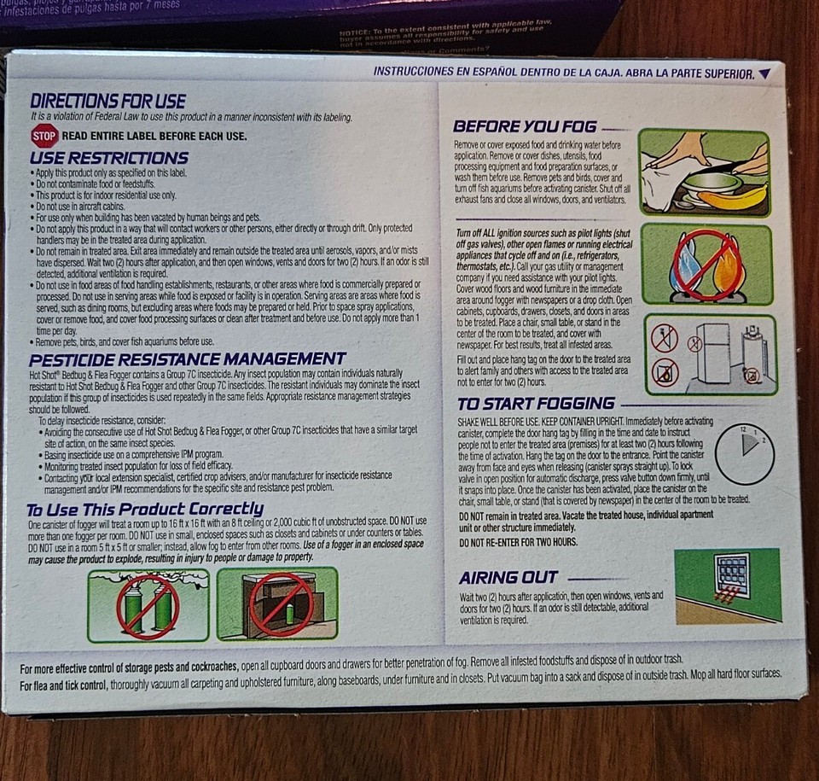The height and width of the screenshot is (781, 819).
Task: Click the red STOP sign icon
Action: [x=44, y=135]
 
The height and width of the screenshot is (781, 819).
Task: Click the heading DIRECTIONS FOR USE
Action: [x=107, y=102]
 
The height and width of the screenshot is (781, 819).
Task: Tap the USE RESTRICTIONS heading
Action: [x=108, y=158]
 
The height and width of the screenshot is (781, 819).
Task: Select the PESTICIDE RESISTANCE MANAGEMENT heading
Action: [x=188, y=358]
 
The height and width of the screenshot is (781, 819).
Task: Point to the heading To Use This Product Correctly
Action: [x=145, y=509]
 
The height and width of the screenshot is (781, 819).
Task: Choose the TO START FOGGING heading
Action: [x=536, y=404]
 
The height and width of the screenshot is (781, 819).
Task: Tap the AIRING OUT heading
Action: [x=508, y=578]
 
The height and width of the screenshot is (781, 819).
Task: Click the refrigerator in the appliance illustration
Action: [x=712, y=353]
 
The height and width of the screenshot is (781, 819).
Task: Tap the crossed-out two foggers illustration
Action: [x=148, y=605]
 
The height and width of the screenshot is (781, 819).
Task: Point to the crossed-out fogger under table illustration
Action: [x=278, y=604]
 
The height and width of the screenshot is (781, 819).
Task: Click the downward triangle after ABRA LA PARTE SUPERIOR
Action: [x=764, y=74]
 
